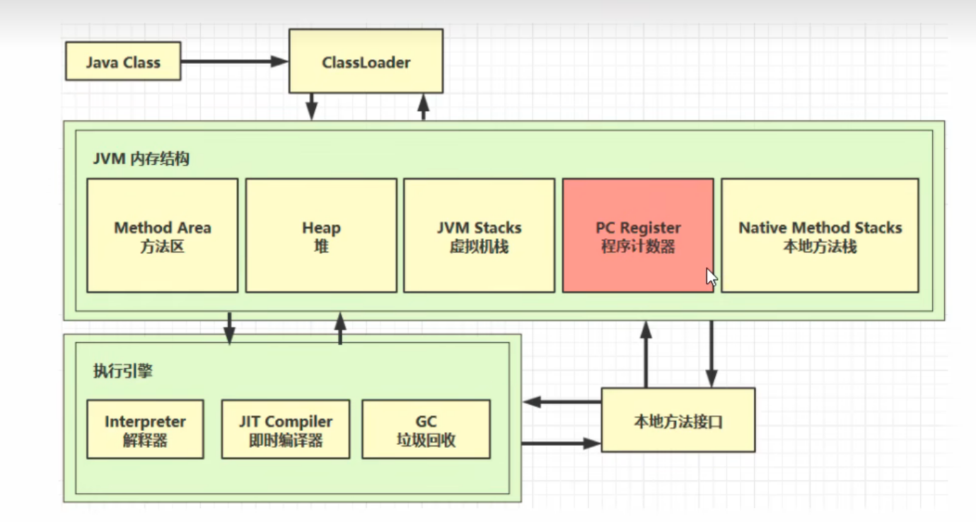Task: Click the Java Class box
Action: tap(123, 62)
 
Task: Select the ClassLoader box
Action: tap(366, 62)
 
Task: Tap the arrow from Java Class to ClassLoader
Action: tap(234, 62)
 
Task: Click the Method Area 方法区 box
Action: tap(162, 236)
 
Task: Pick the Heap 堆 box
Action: tap(321, 236)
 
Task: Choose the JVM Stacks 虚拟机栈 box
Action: tap(479, 236)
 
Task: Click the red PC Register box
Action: tap(637, 236)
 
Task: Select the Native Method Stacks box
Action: tap(820, 236)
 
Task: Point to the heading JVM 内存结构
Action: tap(141, 158)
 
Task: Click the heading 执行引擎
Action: tap(122, 371)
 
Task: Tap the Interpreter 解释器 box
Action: tap(145, 429)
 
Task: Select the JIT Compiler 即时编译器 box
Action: tap(285, 429)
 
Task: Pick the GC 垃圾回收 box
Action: tap(426, 429)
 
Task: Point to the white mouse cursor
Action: tap(711, 277)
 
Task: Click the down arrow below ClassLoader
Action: tap(311, 107)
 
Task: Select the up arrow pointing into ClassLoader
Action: tap(424, 107)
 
